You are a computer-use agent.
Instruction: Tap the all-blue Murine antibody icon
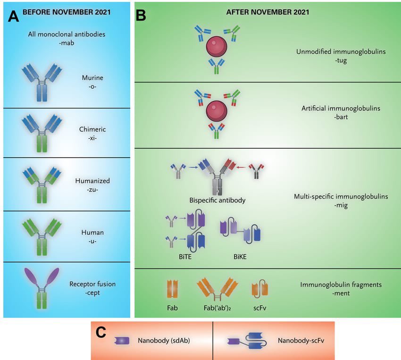(42, 83)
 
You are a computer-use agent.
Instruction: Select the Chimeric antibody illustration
(42, 134)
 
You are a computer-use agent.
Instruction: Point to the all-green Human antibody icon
(42, 236)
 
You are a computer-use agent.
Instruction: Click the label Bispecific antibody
(217, 200)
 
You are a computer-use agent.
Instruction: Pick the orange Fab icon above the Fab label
(172, 289)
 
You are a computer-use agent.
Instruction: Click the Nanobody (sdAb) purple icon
(122, 340)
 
